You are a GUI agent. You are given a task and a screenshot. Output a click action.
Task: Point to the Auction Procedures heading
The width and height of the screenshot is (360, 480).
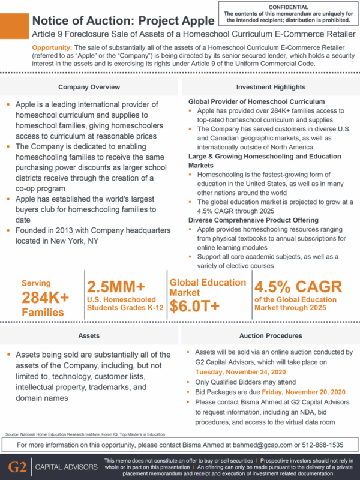(271, 335)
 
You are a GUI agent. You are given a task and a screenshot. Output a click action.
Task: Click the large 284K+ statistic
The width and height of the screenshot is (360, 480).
(46, 297)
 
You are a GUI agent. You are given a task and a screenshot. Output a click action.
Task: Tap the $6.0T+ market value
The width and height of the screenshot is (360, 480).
(194, 306)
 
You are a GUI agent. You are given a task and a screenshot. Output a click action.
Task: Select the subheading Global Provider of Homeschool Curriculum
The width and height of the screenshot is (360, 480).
(256, 101)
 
